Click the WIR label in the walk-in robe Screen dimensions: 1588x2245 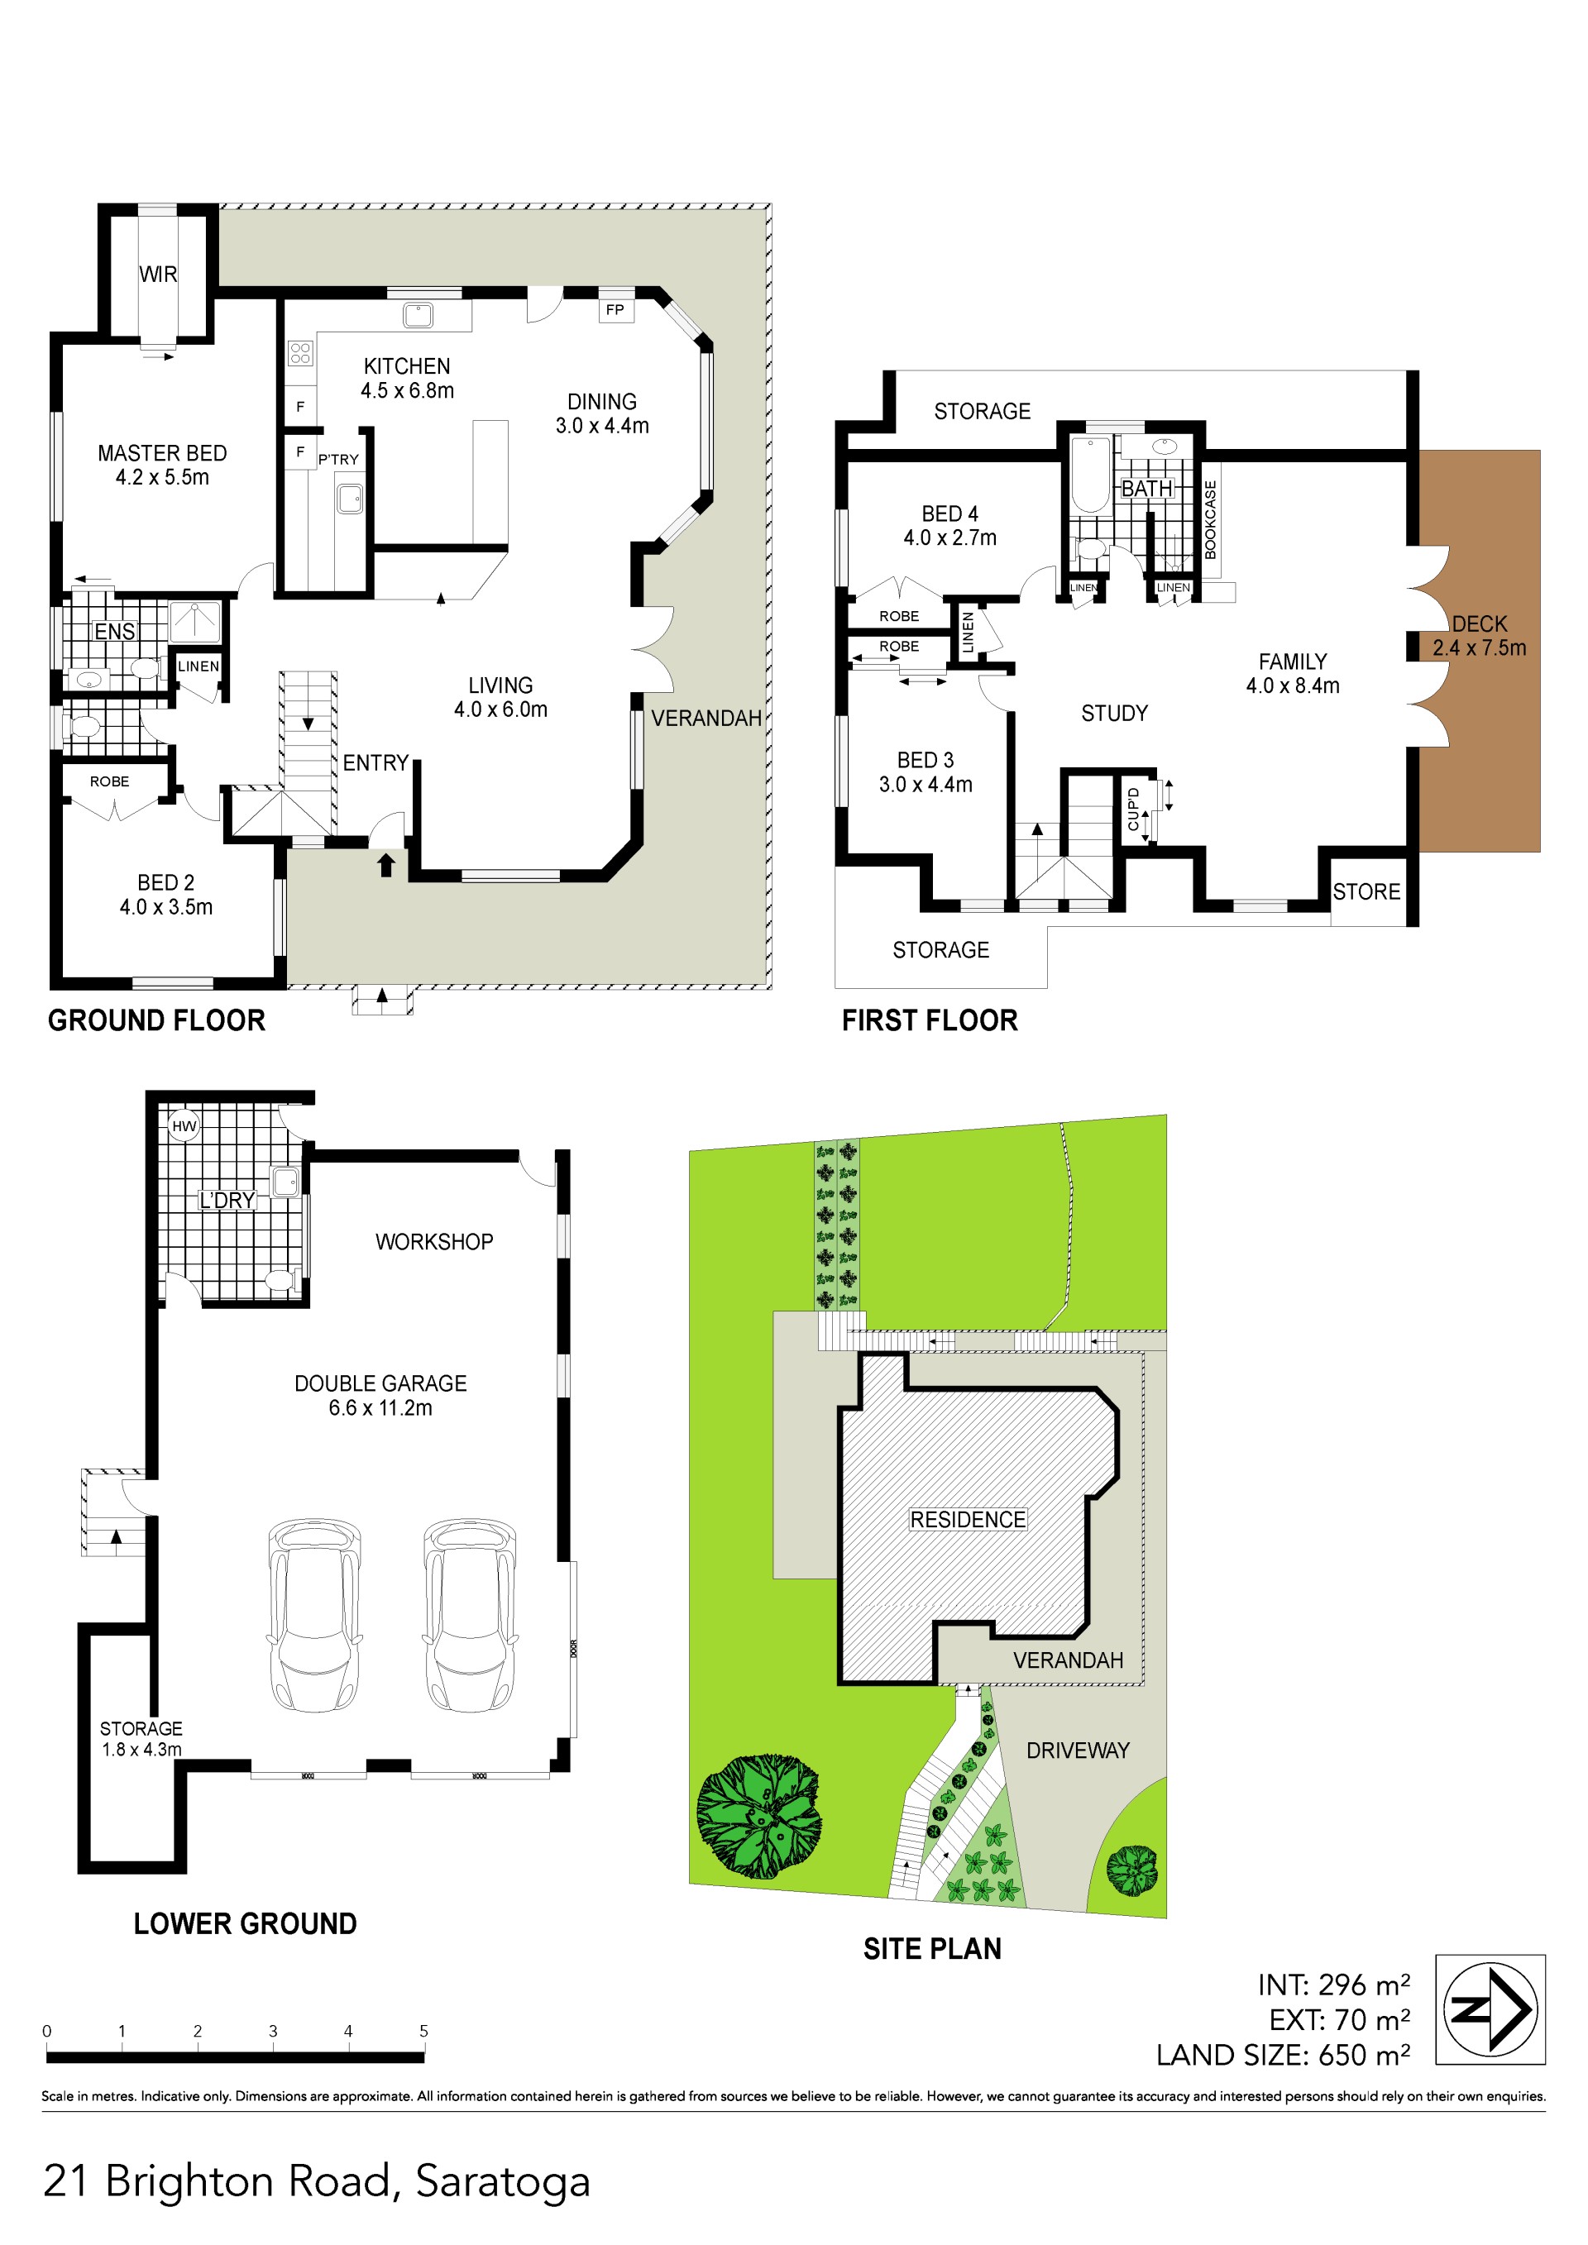tap(157, 274)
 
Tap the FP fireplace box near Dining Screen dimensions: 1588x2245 tap(615, 310)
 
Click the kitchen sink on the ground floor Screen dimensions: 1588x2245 tap(419, 315)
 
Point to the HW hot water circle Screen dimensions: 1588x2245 tap(184, 1126)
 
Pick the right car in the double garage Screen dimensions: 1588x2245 tap(469, 1614)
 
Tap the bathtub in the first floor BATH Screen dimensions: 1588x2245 tap(1090, 475)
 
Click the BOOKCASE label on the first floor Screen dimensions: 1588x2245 tap(1211, 519)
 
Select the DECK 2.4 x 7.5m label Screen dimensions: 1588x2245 tap(1480, 636)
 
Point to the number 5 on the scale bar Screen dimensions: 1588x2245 tap(423, 2031)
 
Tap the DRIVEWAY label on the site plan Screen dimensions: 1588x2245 tap(1078, 1751)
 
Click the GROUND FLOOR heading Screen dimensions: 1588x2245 tap(156, 1021)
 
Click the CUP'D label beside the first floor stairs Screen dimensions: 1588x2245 tap(1133, 810)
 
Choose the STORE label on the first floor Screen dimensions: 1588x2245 tap(1366, 891)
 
